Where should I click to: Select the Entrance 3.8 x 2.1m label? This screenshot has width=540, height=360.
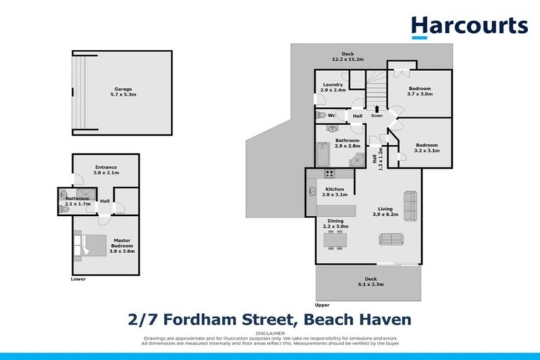105,169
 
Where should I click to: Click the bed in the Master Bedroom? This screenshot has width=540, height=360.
82,245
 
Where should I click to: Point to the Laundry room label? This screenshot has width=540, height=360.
333,87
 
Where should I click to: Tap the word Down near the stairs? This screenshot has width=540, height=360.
377,116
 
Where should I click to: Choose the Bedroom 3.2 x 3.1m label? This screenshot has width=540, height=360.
425,147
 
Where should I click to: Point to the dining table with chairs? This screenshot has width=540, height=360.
334,241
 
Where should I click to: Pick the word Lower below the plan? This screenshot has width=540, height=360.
78,279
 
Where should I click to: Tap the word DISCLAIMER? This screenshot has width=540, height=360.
270,333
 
